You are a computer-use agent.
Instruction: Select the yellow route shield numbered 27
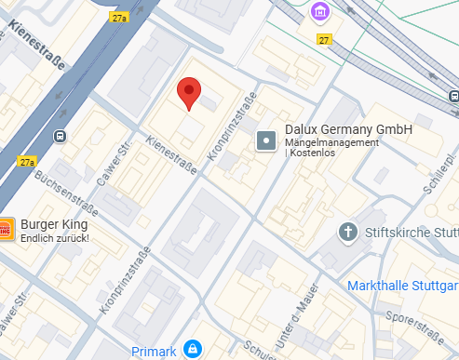324,40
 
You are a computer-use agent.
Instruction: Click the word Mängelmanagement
331,142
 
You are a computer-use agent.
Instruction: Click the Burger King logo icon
6,228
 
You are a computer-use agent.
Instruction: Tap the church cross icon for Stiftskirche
347,231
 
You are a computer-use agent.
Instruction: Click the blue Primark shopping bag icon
191,349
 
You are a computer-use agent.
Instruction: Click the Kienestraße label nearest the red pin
169,156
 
